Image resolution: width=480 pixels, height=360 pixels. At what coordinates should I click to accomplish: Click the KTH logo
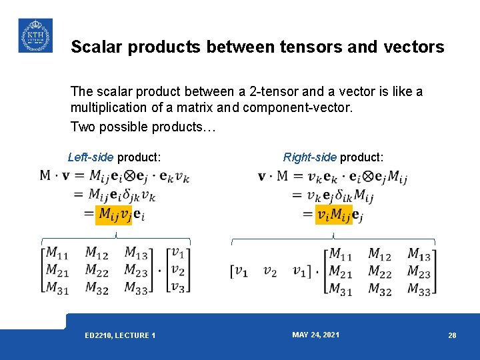[x=35, y=35]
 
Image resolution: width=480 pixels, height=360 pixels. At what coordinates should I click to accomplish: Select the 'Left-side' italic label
[x=91, y=158]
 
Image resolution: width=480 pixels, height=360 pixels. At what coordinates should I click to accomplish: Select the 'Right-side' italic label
[x=310, y=158]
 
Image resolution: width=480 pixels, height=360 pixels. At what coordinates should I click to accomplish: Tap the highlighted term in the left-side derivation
[x=114, y=214]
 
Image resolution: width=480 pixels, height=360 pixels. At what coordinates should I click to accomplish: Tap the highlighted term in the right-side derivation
[x=334, y=214]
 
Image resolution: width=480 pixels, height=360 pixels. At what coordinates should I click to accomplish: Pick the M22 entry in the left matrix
[x=97, y=271]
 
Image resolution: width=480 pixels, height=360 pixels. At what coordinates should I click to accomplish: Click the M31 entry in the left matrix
[x=57, y=288]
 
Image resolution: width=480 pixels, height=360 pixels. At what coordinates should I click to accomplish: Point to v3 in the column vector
[x=177, y=287]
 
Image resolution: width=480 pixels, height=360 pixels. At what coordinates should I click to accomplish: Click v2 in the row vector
[x=270, y=271]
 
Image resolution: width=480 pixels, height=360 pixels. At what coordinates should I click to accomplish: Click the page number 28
[x=452, y=335]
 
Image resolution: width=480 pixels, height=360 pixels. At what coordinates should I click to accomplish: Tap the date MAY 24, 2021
[x=315, y=335]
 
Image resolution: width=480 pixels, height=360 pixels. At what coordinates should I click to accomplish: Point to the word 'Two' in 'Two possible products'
[x=82, y=126]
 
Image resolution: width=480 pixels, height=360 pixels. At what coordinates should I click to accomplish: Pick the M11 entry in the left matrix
[x=57, y=253]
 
